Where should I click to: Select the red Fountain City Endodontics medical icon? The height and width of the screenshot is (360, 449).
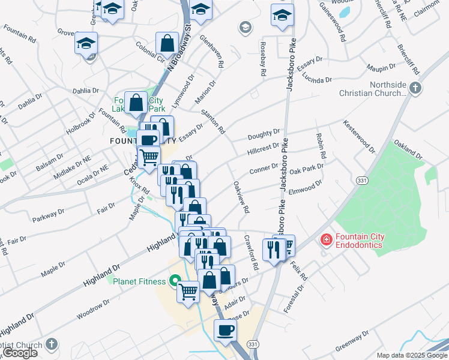[x=326, y=240]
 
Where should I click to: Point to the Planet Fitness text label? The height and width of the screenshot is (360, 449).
[x=139, y=281]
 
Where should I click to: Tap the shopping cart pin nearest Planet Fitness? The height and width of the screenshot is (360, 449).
[x=188, y=293]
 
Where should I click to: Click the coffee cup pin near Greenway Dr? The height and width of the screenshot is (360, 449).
[x=226, y=331]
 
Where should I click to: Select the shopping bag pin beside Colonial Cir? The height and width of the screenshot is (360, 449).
[x=167, y=43]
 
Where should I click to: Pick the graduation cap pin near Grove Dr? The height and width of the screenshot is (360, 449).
[x=86, y=43]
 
